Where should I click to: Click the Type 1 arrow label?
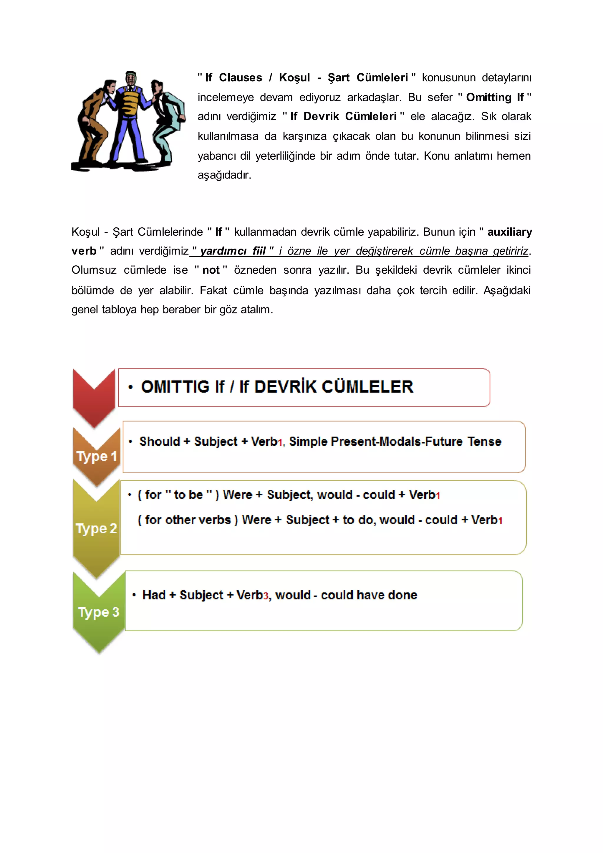pyautogui.click(x=97, y=456)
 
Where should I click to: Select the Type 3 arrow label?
pyautogui.click(x=98, y=611)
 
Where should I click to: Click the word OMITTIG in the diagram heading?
pyautogui.click(x=175, y=387)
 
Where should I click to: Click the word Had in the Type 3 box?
pyautogui.click(x=154, y=595)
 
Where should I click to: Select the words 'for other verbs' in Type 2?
pyautogui.click(x=188, y=520)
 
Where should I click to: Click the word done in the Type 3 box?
pyautogui.click(x=402, y=595)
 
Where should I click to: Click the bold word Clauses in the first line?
pyautogui.click(x=240, y=78)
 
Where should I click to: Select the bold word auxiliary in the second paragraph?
pyautogui.click(x=509, y=232)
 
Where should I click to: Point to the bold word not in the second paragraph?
pyautogui.click(x=211, y=270)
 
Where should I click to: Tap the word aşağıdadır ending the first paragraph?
pyautogui.click(x=224, y=175)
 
